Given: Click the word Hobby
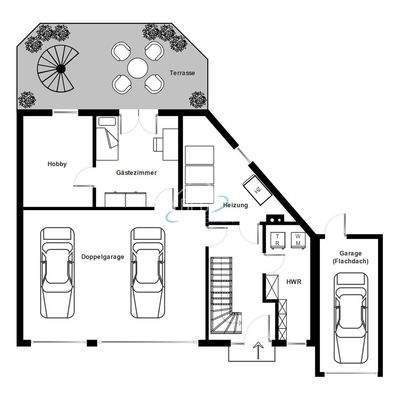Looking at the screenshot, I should click(58, 164).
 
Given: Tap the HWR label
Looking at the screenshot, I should click(294, 283).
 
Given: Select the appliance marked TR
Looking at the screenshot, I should click(276, 238).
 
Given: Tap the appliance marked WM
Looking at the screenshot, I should click(297, 238).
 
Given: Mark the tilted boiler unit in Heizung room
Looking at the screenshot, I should click(258, 186).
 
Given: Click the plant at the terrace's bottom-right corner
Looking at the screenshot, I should click(197, 99).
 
